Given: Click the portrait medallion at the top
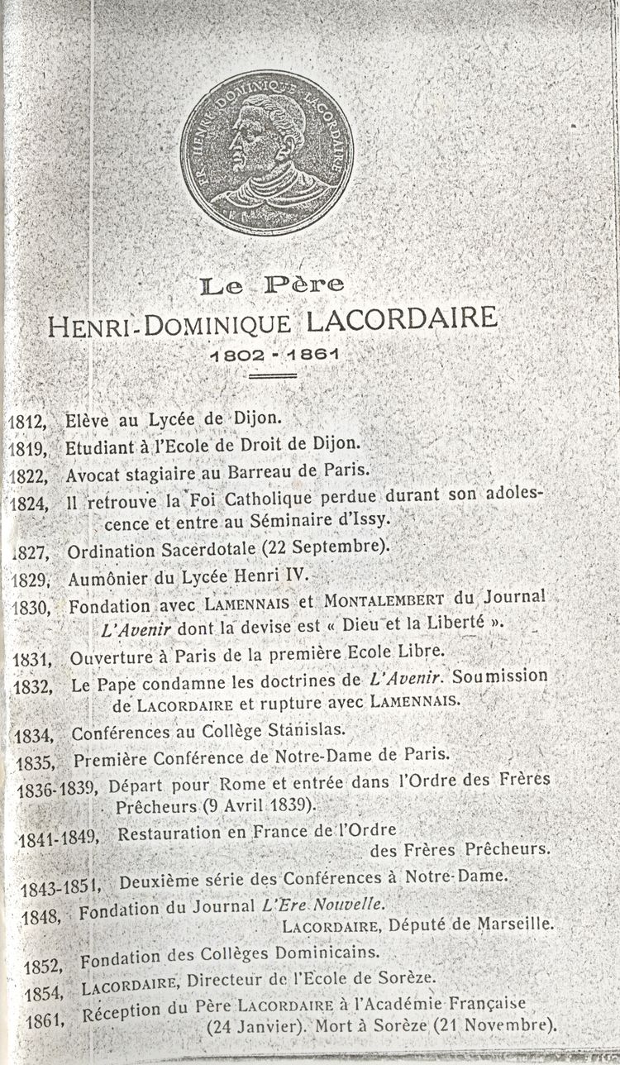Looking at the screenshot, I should (x=266, y=154).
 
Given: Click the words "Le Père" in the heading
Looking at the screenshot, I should (x=272, y=286).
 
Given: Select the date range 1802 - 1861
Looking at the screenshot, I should (x=274, y=355).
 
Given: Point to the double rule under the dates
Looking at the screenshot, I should (x=273, y=376).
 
